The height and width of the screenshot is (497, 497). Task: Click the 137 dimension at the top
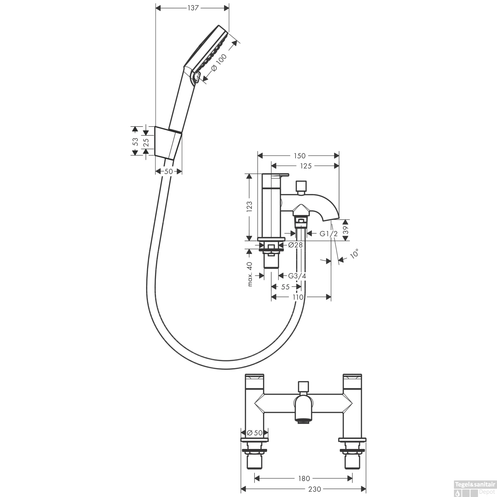192,8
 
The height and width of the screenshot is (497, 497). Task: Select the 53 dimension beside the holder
136,142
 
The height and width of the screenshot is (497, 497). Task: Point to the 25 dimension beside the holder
146,142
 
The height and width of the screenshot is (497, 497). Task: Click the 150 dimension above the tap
299,156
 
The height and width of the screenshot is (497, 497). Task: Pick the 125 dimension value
305,166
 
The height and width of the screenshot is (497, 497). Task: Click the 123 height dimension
250,206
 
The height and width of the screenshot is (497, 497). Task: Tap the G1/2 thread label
329,234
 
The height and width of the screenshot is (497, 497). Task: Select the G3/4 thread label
297,276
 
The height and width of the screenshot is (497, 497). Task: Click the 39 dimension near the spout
346,230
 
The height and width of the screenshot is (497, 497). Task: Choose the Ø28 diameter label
296,245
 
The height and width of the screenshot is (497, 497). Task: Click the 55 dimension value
285,287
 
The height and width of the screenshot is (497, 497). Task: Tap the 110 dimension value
298,297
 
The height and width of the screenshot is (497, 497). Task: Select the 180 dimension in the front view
304,478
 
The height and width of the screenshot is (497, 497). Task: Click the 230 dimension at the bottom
314,489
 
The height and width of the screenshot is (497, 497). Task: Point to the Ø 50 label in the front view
255,432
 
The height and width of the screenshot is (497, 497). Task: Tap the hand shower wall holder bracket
169,143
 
